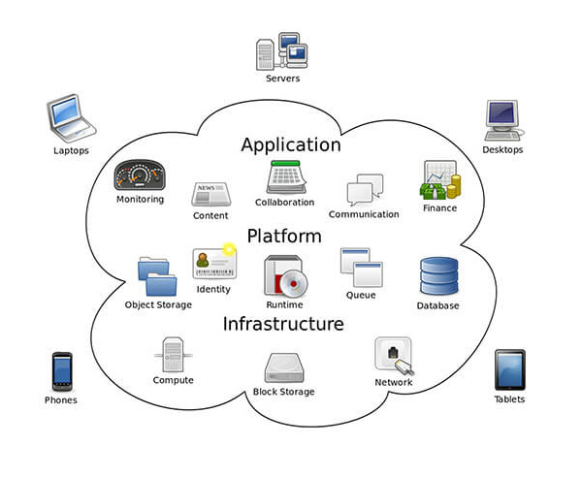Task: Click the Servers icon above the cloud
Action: [x=281, y=51]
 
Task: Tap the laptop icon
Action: [x=71, y=118]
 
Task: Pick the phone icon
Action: [x=62, y=371]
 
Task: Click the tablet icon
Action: [x=510, y=369]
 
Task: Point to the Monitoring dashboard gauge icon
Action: [x=140, y=175]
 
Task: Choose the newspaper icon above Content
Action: [x=210, y=194]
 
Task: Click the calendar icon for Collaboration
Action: [x=286, y=176]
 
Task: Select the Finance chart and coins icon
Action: [x=440, y=179]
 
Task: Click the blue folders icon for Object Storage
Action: [x=157, y=276]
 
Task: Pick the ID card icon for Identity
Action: [x=214, y=262]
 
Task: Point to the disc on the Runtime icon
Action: [x=294, y=284]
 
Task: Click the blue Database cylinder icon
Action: [x=439, y=276]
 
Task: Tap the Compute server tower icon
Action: [x=173, y=355]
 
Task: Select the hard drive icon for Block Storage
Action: [x=284, y=368]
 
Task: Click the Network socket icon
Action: [x=394, y=356]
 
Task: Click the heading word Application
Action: [x=291, y=145]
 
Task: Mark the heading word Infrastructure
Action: [x=283, y=324]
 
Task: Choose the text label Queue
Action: [x=361, y=295]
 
